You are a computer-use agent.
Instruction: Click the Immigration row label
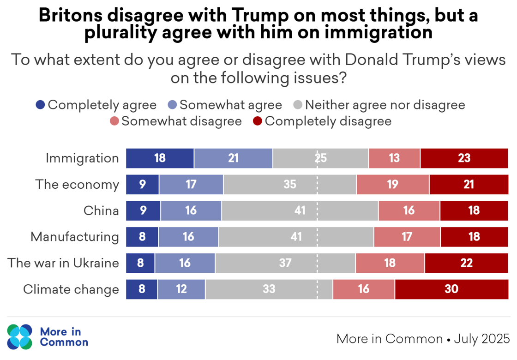[82, 158]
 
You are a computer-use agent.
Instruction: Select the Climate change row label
[71, 289]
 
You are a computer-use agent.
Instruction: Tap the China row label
[101, 211]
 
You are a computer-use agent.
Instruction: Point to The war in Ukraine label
[63, 263]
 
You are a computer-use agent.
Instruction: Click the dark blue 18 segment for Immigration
[160, 158]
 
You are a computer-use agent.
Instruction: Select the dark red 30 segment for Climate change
[451, 289]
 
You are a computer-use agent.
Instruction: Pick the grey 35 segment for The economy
[289, 185]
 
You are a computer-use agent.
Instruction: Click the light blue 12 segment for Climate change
[181, 289]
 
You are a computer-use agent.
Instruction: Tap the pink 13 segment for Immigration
[394, 158]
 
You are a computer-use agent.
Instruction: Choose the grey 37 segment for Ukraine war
[285, 263]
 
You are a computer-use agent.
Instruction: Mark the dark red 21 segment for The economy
[469, 185]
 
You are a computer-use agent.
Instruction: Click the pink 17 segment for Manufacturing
[407, 237]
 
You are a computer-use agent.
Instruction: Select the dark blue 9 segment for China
[143, 211]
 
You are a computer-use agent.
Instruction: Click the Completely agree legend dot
[41, 105]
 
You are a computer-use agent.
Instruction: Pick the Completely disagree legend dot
[258, 121]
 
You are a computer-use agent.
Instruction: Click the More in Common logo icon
[20, 336]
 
